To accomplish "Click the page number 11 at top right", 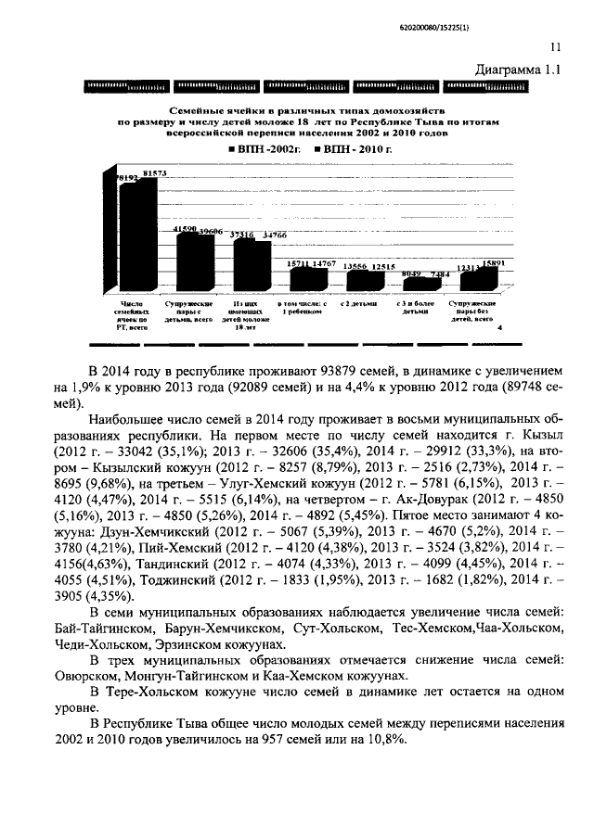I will click(x=555, y=47).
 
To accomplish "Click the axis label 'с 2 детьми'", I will click(x=357, y=303).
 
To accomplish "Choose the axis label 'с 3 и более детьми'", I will click(x=414, y=308).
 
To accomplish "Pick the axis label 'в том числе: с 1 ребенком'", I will click(x=303, y=308).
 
